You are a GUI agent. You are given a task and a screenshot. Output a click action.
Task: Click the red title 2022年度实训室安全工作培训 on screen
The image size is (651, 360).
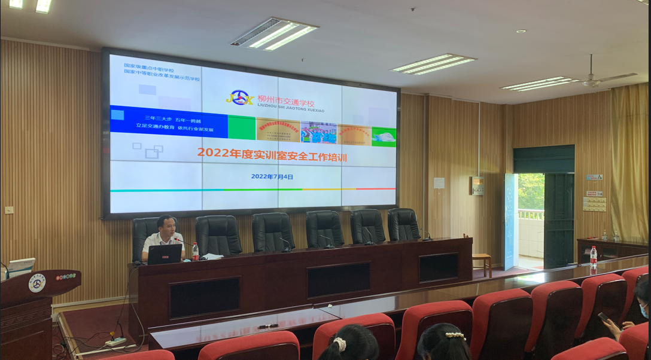272,153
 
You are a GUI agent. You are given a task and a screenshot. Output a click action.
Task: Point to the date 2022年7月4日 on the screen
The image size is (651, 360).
272,177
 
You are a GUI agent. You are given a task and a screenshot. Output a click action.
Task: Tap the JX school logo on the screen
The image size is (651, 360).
240,98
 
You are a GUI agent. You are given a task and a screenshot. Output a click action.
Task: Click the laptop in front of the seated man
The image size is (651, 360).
165,254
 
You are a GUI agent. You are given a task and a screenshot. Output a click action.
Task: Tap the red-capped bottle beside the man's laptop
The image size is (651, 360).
195,251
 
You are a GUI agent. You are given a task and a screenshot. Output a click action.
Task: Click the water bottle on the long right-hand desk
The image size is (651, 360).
593,257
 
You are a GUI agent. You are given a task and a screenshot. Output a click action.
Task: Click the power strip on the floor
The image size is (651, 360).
116,342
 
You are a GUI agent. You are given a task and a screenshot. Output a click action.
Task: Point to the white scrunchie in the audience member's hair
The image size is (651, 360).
340,344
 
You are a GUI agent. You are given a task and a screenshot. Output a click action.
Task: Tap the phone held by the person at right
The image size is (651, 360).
604,317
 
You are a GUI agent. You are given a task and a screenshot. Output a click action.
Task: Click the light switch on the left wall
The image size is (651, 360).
9,210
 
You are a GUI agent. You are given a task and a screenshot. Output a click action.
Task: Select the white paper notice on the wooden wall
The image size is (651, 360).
439,183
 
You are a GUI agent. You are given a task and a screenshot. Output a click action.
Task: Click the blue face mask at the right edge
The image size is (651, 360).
644,310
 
